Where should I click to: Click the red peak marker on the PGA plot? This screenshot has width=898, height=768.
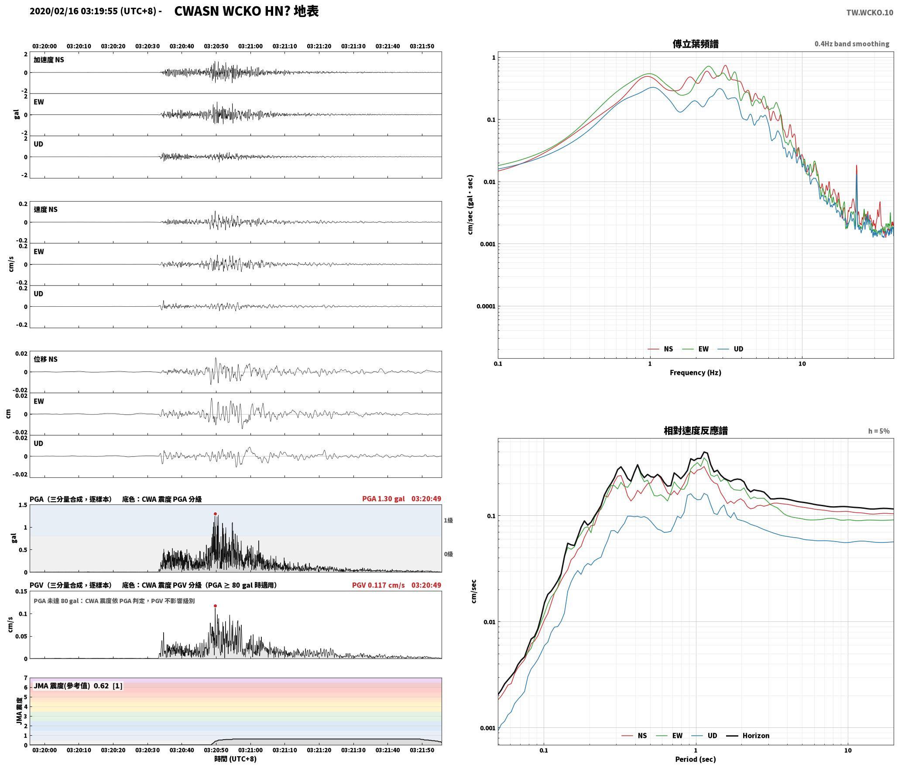(215, 514)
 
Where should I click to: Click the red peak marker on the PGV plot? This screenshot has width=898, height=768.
(215, 606)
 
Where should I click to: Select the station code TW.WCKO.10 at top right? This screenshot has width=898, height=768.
(870, 13)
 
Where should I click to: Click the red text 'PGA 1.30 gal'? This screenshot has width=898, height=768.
(384, 499)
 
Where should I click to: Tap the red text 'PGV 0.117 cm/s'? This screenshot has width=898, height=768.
(378, 585)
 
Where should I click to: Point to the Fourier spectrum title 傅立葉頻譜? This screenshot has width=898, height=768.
(696, 44)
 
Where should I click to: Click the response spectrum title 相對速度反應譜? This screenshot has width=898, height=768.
(696, 431)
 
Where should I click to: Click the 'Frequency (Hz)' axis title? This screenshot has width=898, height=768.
(696, 372)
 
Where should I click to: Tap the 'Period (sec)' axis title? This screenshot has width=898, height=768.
(696, 759)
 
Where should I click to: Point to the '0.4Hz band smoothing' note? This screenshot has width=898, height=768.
(852, 44)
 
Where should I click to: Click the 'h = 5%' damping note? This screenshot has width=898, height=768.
(878, 431)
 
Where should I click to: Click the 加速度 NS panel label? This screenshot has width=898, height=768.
(49, 60)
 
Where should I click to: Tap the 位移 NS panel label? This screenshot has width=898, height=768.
(45, 359)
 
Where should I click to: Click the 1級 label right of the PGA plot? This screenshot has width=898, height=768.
(448, 520)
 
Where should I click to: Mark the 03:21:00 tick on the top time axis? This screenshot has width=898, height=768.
(250, 46)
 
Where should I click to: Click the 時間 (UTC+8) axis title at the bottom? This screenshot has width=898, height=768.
(235, 759)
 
